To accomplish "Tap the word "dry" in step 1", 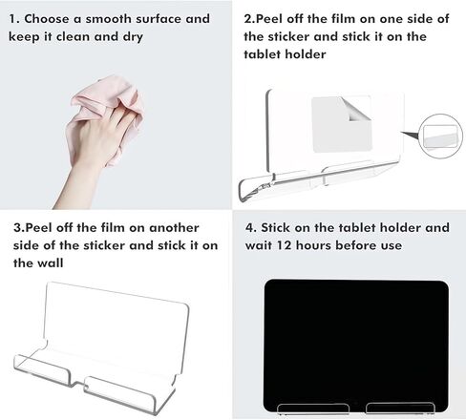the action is (x=133, y=37).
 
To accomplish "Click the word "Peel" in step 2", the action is (x=269, y=19).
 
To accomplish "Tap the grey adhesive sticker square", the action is (x=342, y=125).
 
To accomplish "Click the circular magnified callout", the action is (x=440, y=136).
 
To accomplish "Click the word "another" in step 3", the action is (x=174, y=228).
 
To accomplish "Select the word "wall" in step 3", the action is (x=50, y=263).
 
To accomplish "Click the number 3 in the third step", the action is (x=17, y=228).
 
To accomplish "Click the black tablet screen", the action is (x=356, y=346).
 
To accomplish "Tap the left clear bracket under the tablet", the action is (x=313, y=409).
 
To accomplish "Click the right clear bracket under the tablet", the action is (x=400, y=409).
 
